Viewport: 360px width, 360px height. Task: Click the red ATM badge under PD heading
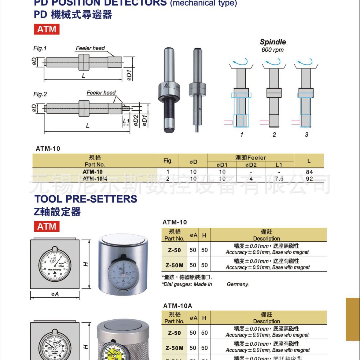click(46, 29)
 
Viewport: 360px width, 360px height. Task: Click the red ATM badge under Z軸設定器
click(46, 226)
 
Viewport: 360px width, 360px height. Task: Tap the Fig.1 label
click(40, 48)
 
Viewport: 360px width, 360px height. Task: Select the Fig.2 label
click(40, 94)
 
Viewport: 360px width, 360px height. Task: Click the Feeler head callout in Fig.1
click(90, 48)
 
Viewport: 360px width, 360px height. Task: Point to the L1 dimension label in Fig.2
click(126, 121)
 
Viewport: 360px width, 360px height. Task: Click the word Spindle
click(273, 42)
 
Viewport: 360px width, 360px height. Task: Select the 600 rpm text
click(272, 50)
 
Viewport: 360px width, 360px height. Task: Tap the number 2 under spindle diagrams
click(274, 134)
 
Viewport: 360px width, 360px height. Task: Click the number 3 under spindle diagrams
click(306, 134)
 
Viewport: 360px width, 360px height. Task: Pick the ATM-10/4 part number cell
click(95, 178)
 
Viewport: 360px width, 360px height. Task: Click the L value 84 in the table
click(309, 172)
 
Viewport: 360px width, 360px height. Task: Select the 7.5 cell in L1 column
click(279, 178)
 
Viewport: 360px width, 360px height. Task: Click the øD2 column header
click(251, 165)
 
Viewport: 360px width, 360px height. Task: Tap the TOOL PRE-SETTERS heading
click(86, 199)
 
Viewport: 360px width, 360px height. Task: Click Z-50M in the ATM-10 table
click(174, 265)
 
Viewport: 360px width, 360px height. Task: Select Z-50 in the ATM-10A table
click(174, 333)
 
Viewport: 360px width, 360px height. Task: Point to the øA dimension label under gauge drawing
click(55, 294)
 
